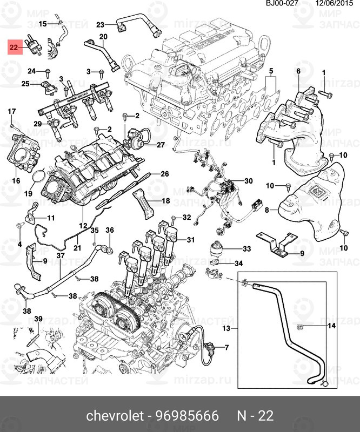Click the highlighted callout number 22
tap(14, 48)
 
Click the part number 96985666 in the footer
tap(188, 415)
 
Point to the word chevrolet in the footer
tap(115, 415)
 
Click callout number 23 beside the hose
tap(101, 25)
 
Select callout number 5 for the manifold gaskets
tap(271, 71)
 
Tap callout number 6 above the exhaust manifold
tap(298, 71)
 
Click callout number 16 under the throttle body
tap(16, 181)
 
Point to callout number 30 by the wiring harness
tap(248, 181)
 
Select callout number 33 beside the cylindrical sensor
tap(246, 249)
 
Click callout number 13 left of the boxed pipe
tap(226, 328)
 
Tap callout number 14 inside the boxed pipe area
tap(332, 326)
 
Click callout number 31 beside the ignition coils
tap(190, 240)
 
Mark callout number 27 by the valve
tap(160, 145)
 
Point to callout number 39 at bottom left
tap(38, 320)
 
